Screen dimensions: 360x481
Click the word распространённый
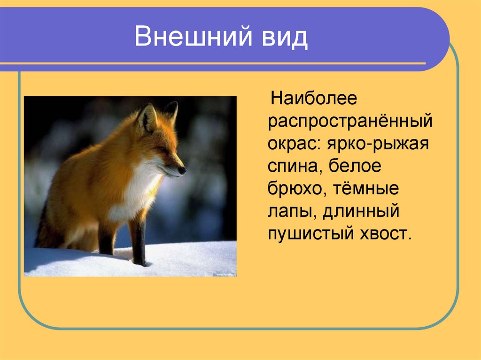(x=350, y=122)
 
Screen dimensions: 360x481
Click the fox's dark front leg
(x=139, y=242)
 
